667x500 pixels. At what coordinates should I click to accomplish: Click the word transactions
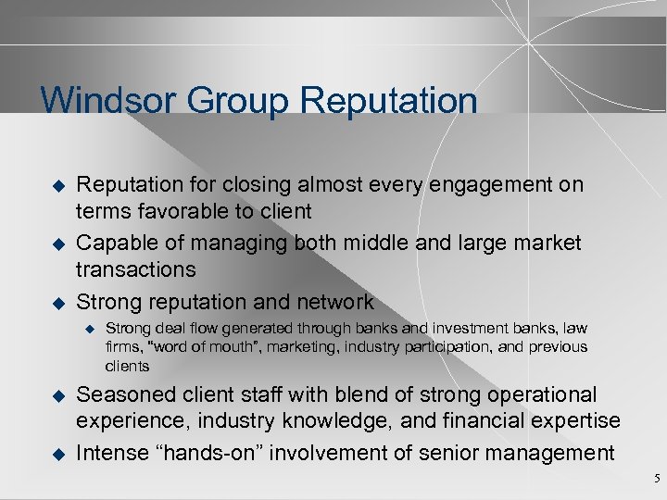tap(136, 269)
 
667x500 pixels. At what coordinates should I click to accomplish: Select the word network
tap(333, 302)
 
